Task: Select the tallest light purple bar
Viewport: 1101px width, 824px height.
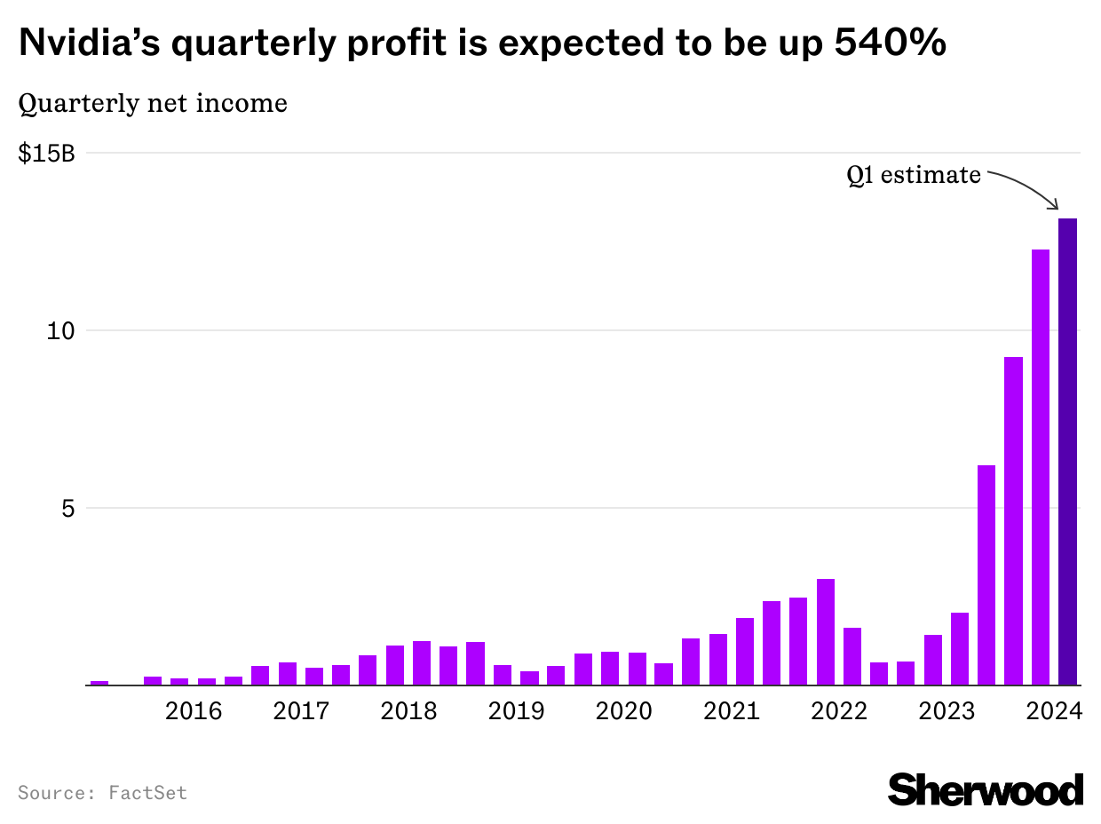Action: click(x=1040, y=467)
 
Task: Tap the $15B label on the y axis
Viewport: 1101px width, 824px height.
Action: click(x=46, y=154)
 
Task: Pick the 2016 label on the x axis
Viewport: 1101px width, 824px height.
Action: click(x=194, y=712)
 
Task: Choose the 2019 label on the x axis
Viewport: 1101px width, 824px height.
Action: click(x=516, y=712)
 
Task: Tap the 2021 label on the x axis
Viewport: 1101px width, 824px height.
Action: click(x=731, y=712)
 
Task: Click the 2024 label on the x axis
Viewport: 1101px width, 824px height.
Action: click(x=1052, y=712)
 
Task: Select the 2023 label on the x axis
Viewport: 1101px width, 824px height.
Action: click(x=947, y=712)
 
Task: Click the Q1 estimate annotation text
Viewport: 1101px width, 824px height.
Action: click(x=914, y=176)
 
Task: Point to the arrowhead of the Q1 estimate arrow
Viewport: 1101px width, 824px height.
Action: click(x=1057, y=208)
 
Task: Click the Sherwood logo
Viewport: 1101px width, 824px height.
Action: click(x=986, y=789)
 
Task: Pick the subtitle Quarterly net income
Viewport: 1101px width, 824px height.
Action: click(x=153, y=104)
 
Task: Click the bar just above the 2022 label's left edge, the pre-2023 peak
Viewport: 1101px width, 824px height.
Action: click(x=825, y=632)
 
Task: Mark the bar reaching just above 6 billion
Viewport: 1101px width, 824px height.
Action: click(x=986, y=575)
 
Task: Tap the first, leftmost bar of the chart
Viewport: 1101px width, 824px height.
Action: click(x=99, y=683)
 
